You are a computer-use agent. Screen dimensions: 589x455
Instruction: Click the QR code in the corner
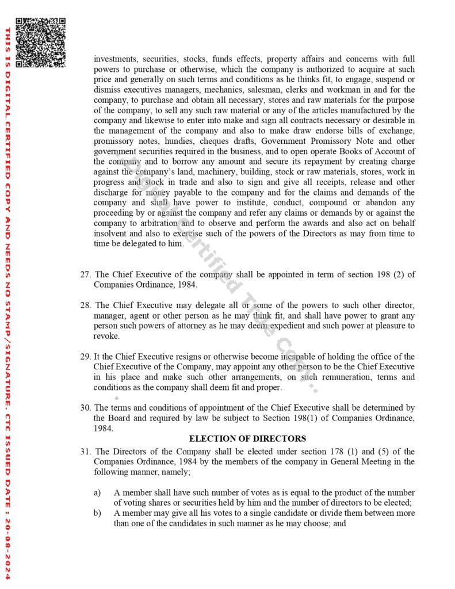(x=40, y=43)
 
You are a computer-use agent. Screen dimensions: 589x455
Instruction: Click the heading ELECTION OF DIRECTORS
(x=247, y=438)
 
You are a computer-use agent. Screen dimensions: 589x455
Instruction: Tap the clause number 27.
(x=85, y=274)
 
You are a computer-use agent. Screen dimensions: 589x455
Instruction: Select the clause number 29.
(x=85, y=357)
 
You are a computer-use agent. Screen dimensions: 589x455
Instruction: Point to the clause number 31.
(x=85, y=452)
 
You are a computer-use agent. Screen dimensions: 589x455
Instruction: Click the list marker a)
(x=97, y=493)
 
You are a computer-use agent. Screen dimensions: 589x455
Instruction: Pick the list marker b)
(x=97, y=513)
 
